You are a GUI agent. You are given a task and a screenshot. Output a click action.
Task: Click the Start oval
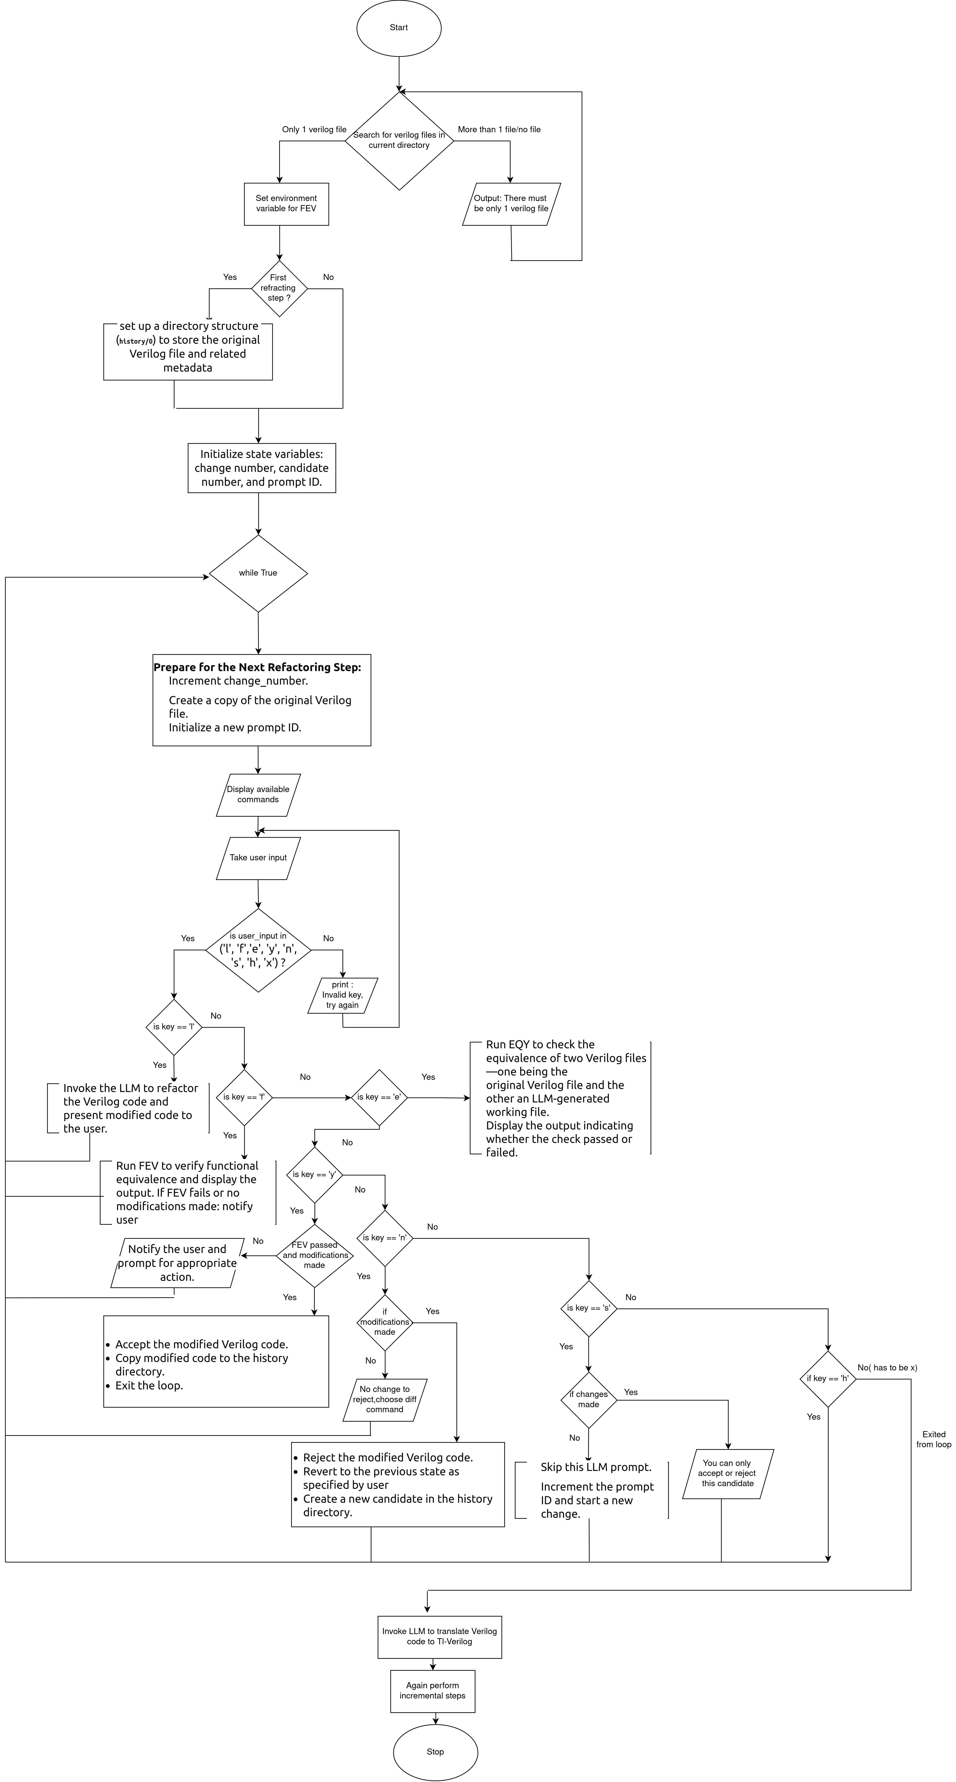tap(398, 28)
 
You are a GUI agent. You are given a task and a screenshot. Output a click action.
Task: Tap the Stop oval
tap(435, 1752)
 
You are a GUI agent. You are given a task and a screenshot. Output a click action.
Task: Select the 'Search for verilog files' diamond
tap(399, 141)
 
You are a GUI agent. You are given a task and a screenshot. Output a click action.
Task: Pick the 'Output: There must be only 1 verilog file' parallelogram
tap(511, 204)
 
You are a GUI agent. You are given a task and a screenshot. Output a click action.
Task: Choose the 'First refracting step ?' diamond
tap(279, 288)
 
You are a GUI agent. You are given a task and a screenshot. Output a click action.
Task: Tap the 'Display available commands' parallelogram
tap(258, 795)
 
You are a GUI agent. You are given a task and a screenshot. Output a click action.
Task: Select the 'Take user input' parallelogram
tap(258, 858)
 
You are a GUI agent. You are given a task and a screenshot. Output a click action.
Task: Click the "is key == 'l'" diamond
tap(174, 1027)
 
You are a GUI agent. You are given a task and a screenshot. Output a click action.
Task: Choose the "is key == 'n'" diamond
tap(385, 1238)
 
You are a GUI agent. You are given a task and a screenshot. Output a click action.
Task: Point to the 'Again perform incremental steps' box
tap(432, 1691)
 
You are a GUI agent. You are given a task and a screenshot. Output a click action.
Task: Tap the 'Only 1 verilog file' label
tap(314, 129)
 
